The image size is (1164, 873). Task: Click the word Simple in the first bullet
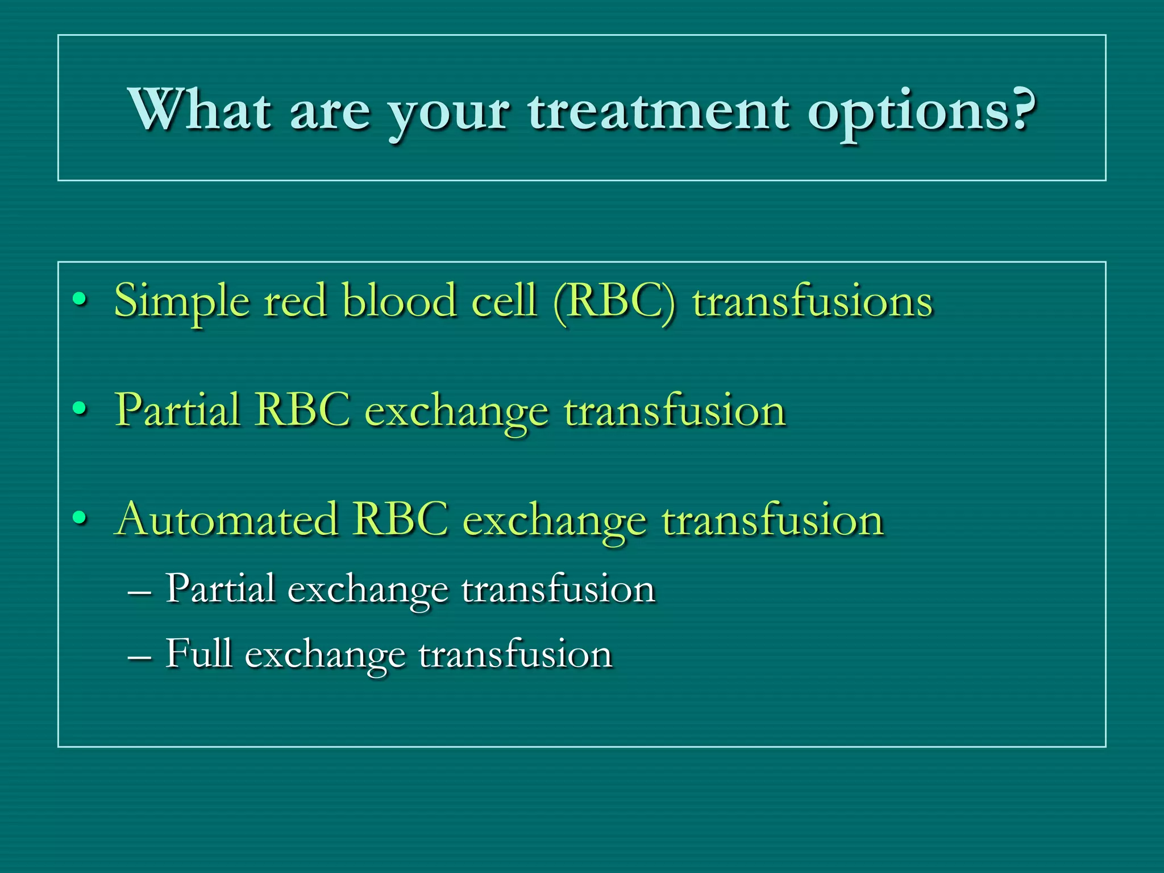[182, 301]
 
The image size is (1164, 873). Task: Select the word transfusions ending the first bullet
[813, 301]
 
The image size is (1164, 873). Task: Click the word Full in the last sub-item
[199, 654]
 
